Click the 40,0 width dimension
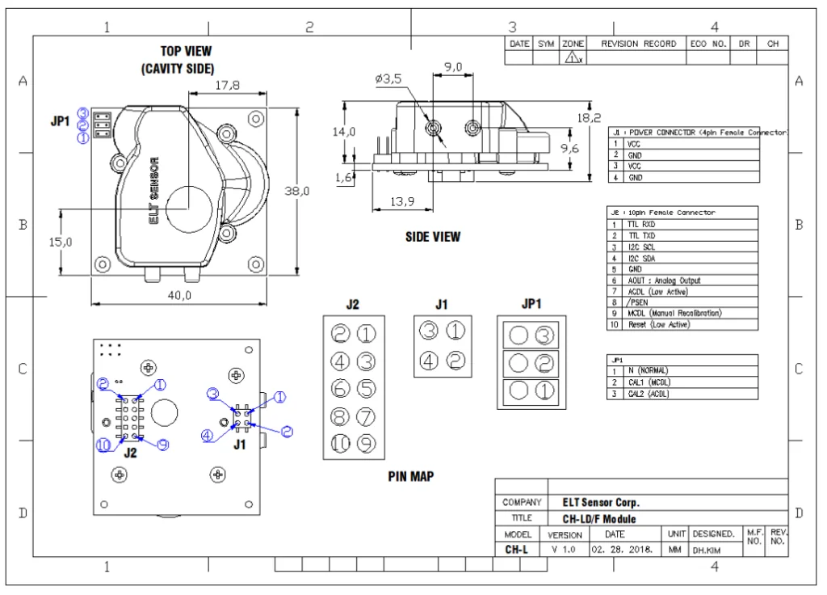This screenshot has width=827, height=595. pyautogui.click(x=179, y=295)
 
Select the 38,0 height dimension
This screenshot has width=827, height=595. pyautogui.click(x=298, y=191)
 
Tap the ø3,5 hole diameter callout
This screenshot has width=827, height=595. pyautogui.click(x=388, y=78)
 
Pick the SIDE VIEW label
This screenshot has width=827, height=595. pyautogui.click(x=433, y=237)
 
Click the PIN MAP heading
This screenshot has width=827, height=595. pyautogui.click(x=410, y=477)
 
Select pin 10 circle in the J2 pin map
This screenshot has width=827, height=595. pyautogui.click(x=341, y=443)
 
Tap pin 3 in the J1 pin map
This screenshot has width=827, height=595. pyautogui.click(x=429, y=331)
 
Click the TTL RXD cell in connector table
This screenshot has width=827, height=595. pyautogui.click(x=642, y=224)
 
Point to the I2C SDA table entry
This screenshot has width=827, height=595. pyautogui.click(x=642, y=258)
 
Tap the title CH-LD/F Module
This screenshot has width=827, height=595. pyautogui.click(x=599, y=519)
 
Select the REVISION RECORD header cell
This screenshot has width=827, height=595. pyautogui.click(x=638, y=44)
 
